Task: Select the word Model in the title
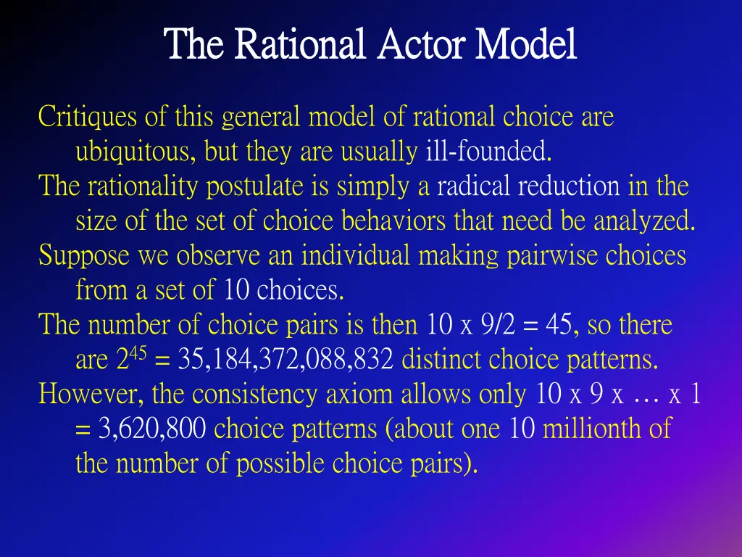coord(526,45)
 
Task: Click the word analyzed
coord(644,221)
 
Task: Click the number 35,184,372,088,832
coord(282,360)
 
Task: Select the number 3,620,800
coord(153,429)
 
